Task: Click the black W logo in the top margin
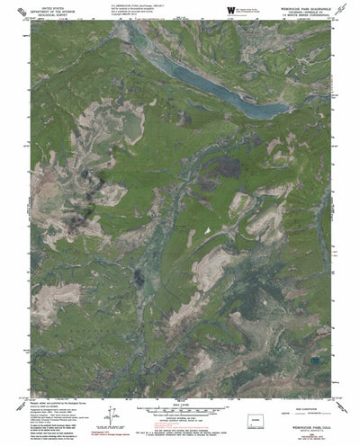tap(230, 10)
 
